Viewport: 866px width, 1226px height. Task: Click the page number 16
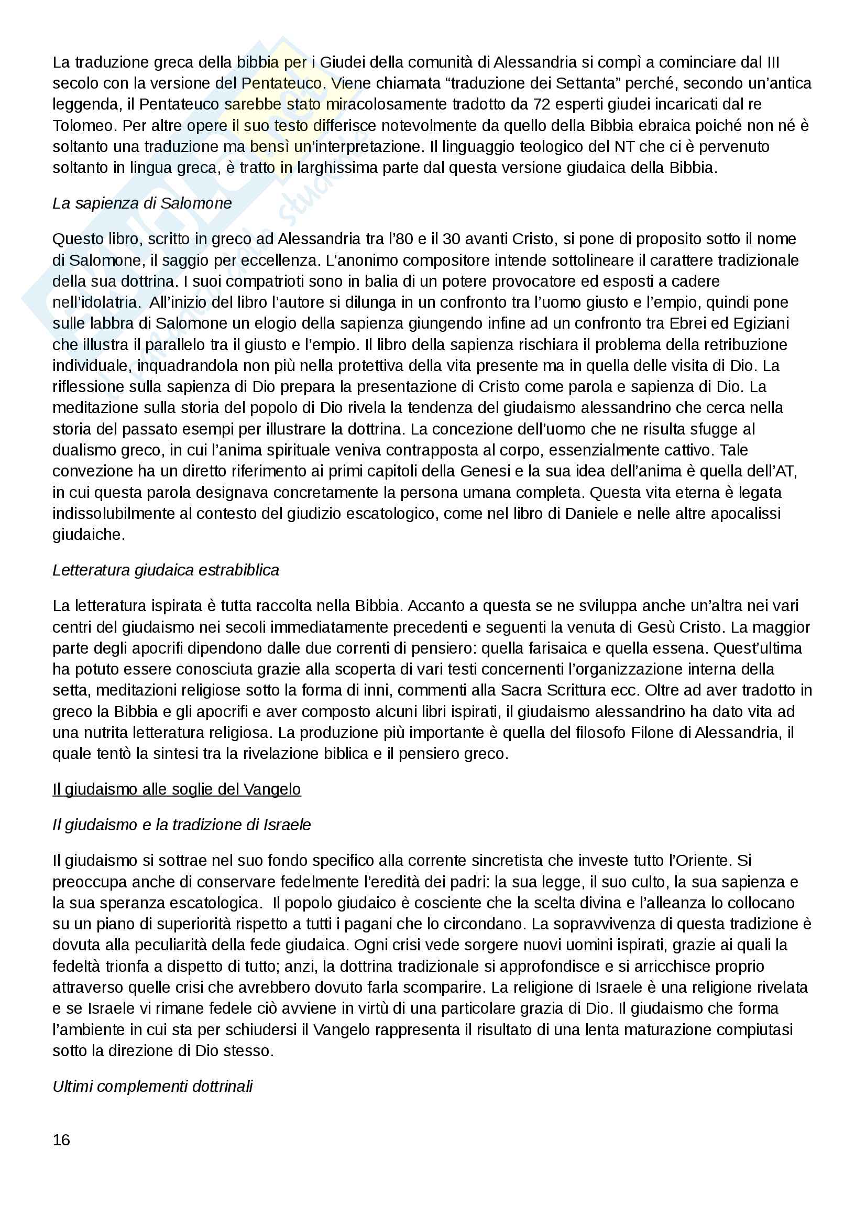click(x=61, y=1140)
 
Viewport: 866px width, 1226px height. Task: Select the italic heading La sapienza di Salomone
click(x=142, y=203)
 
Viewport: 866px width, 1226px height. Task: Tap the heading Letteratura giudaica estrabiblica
click(x=166, y=570)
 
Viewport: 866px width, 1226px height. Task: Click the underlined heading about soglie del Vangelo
click(x=177, y=789)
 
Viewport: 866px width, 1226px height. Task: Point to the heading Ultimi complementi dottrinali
click(x=152, y=1086)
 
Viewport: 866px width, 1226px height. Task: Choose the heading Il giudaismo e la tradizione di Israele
click(x=181, y=825)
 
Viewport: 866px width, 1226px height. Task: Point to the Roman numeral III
click(x=773, y=62)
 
